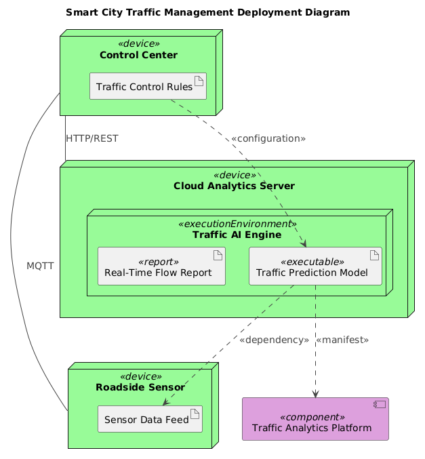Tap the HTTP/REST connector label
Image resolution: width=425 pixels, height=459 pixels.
click(92, 138)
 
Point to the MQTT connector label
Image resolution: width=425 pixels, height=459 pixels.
click(40, 266)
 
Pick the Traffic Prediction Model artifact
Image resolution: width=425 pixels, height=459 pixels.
click(315, 266)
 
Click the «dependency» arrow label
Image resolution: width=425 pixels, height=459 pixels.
click(274, 339)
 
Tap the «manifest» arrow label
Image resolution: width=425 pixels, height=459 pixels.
click(342, 339)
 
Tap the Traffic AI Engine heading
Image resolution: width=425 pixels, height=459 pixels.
click(237, 235)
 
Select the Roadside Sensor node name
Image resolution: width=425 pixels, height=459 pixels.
click(140, 388)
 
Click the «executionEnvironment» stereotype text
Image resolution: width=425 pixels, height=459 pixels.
click(237, 224)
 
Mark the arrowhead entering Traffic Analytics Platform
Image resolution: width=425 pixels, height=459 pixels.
click(315, 395)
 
